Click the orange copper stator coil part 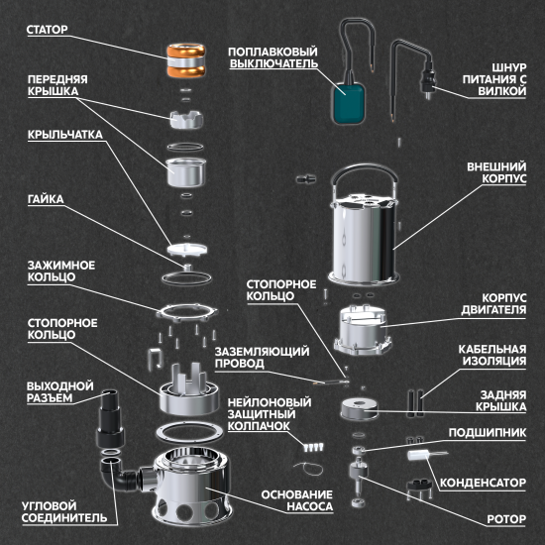click(185, 60)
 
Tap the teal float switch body click(349, 104)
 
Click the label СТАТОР click(48, 30)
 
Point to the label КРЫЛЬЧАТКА click(65, 135)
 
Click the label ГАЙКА click(46, 199)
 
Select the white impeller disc click(187, 250)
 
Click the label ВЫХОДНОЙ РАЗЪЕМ click(60, 392)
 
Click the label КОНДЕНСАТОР click(483, 483)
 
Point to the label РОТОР click(506, 519)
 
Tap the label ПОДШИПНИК click(488, 433)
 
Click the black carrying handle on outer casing click(364, 174)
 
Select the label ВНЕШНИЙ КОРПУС click(496, 172)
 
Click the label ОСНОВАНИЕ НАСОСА click(297, 500)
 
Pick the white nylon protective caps click(313, 447)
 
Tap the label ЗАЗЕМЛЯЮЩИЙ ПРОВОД click(262, 358)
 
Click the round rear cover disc click(359, 409)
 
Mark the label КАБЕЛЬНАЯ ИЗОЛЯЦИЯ click(492, 355)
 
